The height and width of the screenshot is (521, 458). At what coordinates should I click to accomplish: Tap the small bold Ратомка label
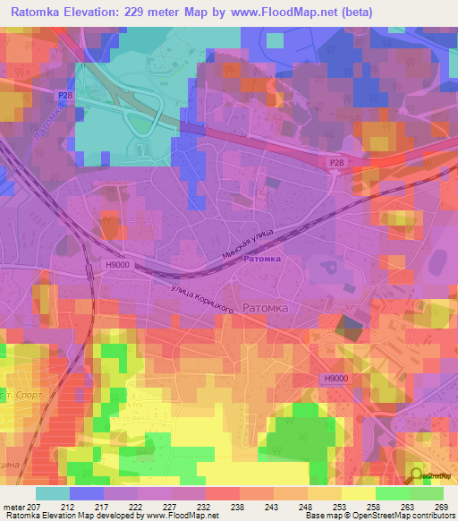(262, 259)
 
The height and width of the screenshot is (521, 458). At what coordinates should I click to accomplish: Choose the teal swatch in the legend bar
(52, 493)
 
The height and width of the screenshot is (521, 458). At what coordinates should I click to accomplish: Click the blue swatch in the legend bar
(87, 493)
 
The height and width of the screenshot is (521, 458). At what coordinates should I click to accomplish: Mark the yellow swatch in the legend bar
(359, 493)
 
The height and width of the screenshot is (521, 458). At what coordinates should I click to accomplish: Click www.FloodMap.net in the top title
(281, 12)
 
